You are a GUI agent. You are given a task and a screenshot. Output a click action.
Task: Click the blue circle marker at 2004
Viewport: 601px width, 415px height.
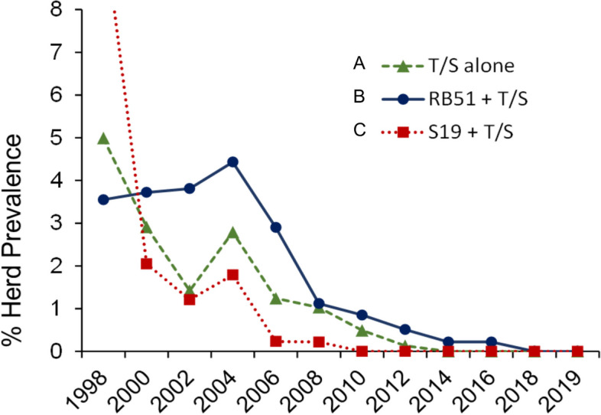point(232,162)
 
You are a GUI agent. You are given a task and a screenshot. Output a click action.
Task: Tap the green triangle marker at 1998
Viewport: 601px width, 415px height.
point(103,139)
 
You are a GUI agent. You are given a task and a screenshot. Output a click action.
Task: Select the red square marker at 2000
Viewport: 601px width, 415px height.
point(147,263)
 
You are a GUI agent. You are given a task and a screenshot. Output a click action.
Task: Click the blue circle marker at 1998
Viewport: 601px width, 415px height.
point(103,200)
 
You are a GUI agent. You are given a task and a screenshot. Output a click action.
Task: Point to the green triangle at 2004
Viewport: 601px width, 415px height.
point(232,233)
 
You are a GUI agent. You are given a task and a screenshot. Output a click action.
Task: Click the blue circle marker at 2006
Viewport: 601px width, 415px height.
point(276,227)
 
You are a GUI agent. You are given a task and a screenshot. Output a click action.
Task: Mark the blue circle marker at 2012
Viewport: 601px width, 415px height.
point(405,329)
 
